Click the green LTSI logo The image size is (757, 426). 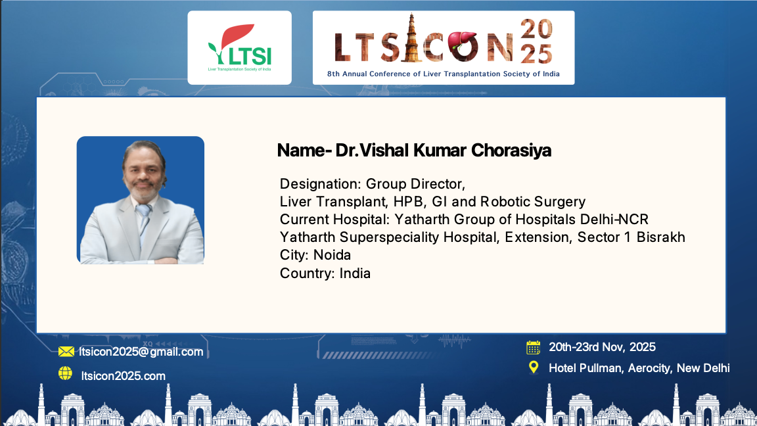pyautogui.click(x=239, y=47)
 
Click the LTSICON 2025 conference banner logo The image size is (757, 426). pyautogui.click(x=443, y=47)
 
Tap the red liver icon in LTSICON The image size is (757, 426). pyautogui.click(x=463, y=43)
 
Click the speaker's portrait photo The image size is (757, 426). pyautogui.click(x=141, y=200)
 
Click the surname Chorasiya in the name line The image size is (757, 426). pyautogui.click(x=511, y=150)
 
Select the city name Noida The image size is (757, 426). pyautogui.click(x=332, y=255)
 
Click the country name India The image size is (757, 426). pyautogui.click(x=355, y=273)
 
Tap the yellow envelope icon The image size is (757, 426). pyautogui.click(x=66, y=352)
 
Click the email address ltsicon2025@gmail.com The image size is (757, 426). pyautogui.click(x=141, y=352)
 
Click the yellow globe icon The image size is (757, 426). pyautogui.click(x=65, y=373)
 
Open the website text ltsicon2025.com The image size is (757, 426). pyautogui.click(x=123, y=376)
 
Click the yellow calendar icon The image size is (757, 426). pyautogui.click(x=534, y=347)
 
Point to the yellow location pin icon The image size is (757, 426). pyautogui.click(x=534, y=367)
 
